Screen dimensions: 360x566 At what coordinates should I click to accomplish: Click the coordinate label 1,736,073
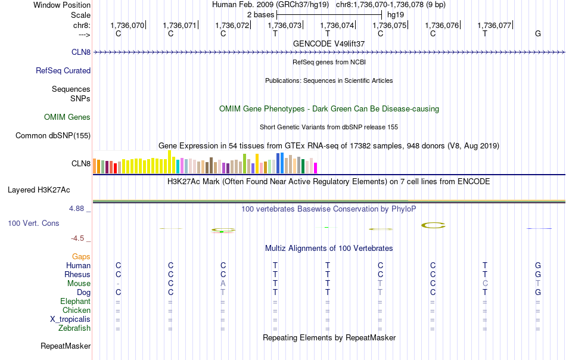285,26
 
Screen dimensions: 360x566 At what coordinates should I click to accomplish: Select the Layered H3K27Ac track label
39,191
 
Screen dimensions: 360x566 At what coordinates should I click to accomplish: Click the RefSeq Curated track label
63,71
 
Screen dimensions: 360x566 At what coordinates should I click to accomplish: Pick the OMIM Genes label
67,117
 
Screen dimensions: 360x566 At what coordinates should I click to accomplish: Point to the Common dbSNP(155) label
53,136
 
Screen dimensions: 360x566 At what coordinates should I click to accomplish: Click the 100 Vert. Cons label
33,224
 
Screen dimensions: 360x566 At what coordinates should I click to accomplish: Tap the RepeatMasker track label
66,346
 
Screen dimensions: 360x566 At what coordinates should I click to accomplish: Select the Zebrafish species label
74,328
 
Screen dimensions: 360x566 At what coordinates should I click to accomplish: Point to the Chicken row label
76,311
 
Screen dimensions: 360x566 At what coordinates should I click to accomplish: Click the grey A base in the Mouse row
223,284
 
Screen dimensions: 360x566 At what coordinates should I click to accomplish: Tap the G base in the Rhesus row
538,275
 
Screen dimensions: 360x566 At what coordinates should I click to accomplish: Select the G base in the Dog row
538,293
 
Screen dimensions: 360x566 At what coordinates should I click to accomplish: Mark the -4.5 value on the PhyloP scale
79,238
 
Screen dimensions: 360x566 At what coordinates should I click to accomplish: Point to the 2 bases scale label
260,14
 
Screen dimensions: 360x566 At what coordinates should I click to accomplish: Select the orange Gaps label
82,257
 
